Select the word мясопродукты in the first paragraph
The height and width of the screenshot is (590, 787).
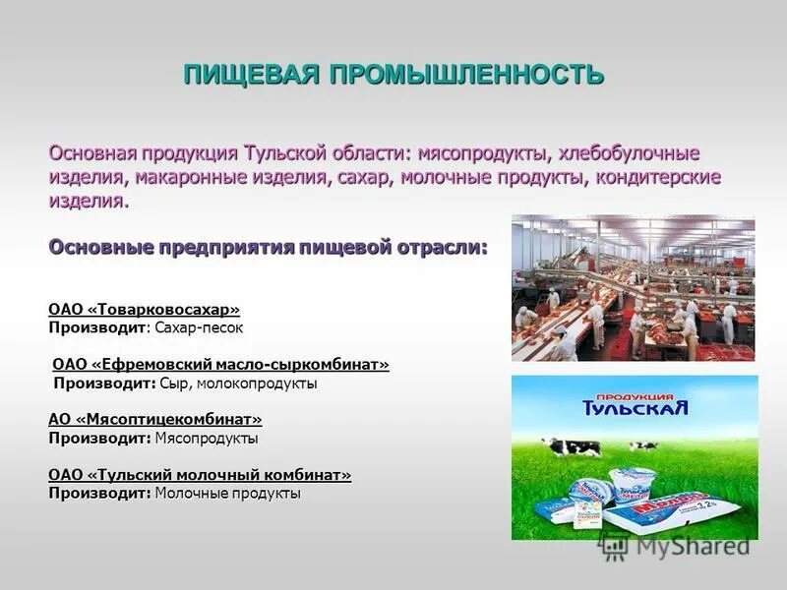(x=483, y=154)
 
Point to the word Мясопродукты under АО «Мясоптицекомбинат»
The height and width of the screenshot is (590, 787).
(x=207, y=438)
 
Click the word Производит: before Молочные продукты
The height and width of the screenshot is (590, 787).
(x=99, y=493)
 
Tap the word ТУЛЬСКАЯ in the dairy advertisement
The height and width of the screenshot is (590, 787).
(x=635, y=405)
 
